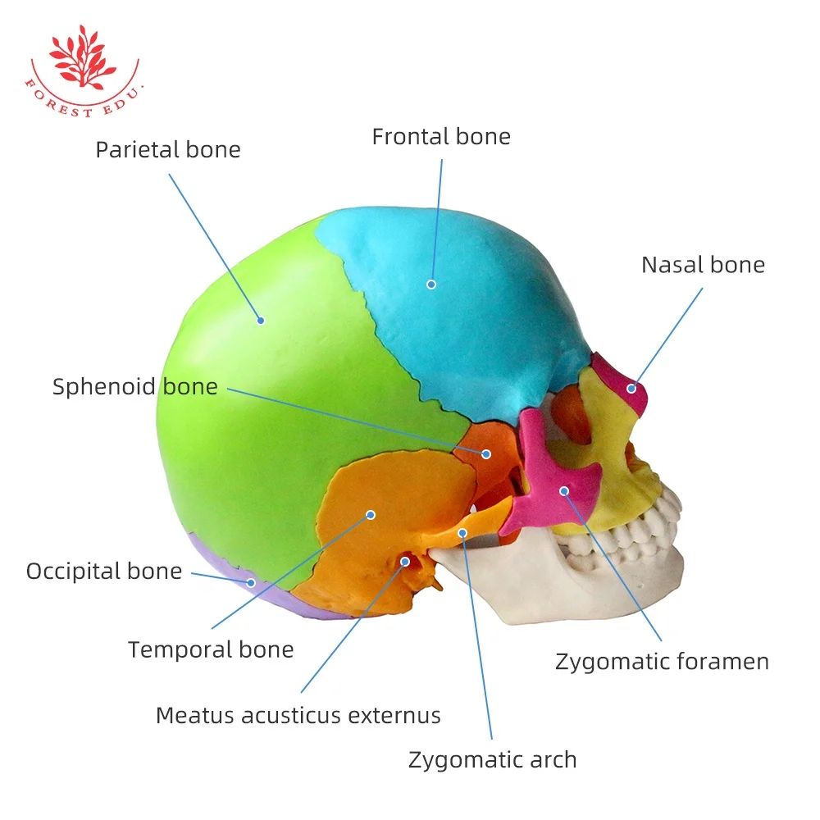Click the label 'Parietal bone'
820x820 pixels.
(x=168, y=150)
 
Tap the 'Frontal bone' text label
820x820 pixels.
(x=441, y=137)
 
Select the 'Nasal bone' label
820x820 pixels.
(x=704, y=265)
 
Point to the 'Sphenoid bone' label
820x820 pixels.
(x=135, y=387)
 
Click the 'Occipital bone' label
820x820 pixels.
(x=104, y=571)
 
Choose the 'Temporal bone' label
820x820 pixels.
(x=211, y=650)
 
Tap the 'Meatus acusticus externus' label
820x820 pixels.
(x=298, y=715)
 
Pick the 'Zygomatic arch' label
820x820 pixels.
(x=493, y=760)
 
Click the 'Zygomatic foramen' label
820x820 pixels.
(x=662, y=662)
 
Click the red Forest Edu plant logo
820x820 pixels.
(x=83, y=70)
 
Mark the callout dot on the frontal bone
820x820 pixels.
(x=431, y=285)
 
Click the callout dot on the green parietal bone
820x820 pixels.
(x=261, y=321)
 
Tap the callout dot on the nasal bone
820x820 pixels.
(x=631, y=389)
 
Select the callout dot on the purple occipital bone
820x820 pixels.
(x=251, y=582)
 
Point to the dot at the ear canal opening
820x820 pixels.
(x=405, y=562)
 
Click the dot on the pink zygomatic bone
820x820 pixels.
(x=564, y=491)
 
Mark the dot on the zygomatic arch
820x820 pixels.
(x=462, y=533)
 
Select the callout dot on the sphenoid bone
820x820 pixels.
(x=486, y=454)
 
